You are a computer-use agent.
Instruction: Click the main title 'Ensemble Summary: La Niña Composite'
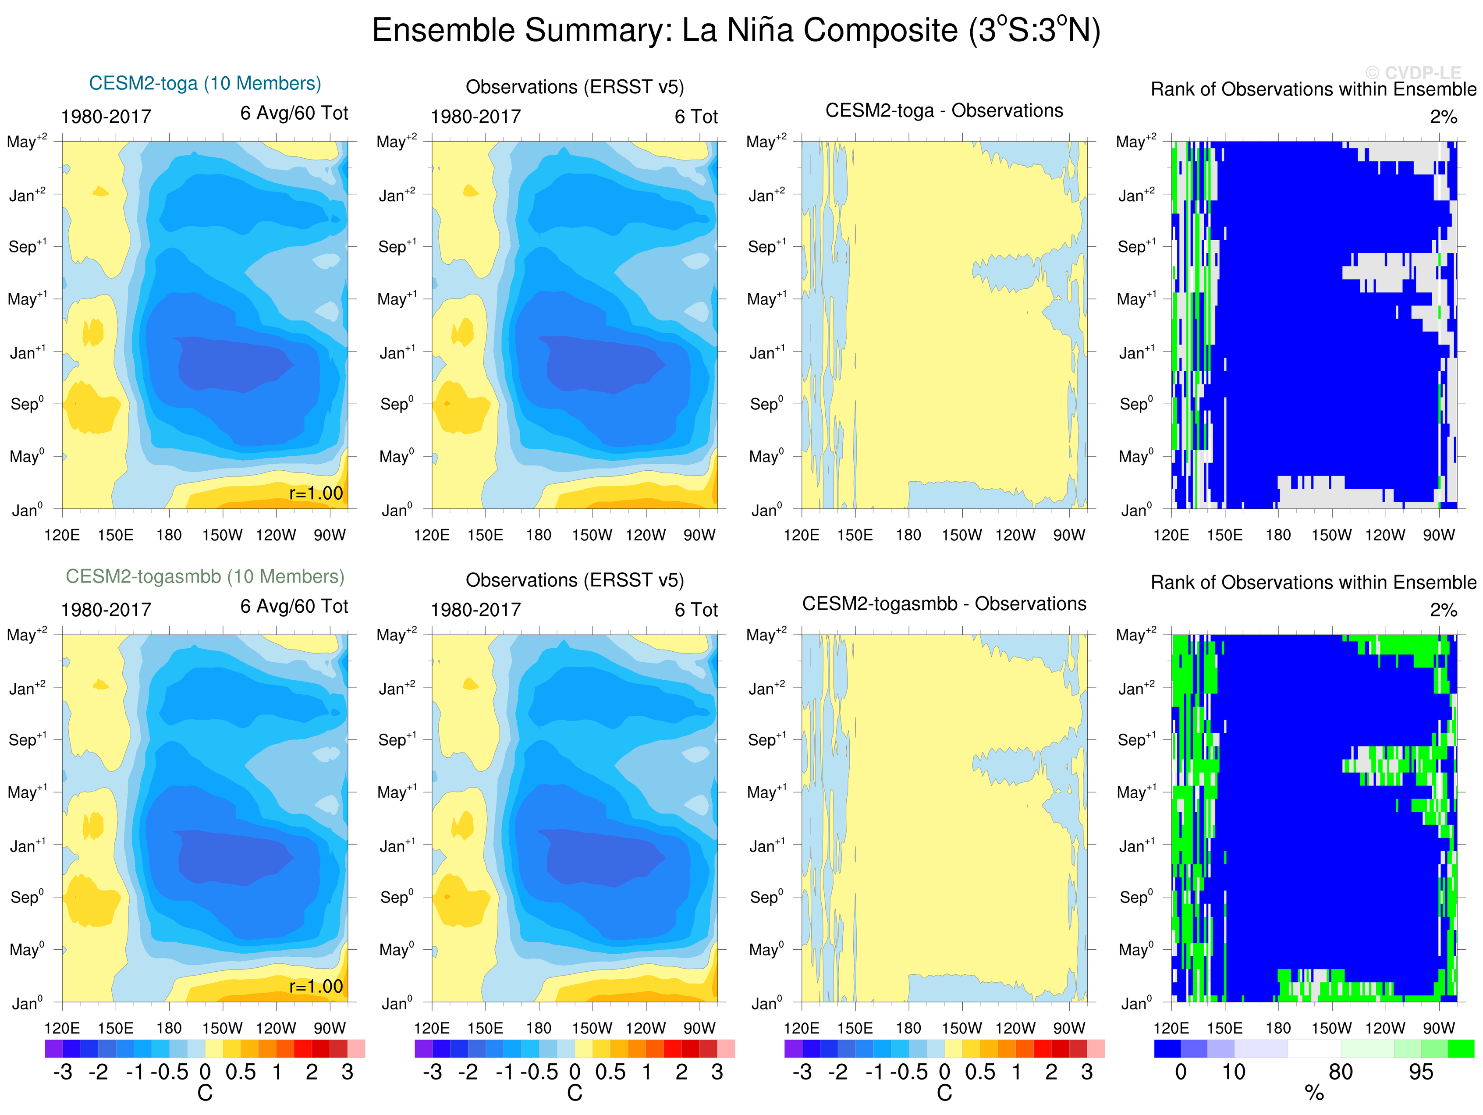point(735,31)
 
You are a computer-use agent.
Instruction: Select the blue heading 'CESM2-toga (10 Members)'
point(205,83)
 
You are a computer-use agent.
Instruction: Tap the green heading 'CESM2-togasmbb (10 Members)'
point(205,577)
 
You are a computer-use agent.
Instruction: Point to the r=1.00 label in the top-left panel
point(316,494)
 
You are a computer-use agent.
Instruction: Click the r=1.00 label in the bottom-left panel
point(316,986)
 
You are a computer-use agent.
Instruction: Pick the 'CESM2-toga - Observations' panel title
point(944,110)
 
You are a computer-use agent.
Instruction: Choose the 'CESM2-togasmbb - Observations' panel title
point(944,604)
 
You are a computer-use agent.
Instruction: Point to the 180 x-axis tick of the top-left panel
point(169,535)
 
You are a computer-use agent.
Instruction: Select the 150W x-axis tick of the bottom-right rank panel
point(1331,1028)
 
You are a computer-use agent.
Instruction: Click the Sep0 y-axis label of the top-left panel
point(27,404)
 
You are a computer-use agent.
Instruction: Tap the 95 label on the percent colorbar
point(1421,1072)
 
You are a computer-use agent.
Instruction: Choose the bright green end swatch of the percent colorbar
point(1461,1049)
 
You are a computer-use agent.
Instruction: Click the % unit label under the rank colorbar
point(1314,1094)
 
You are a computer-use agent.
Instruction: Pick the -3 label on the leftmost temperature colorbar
point(62,1072)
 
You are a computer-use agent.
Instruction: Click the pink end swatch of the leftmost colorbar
point(356,1049)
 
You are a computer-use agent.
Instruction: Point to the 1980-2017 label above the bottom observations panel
point(475,610)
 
